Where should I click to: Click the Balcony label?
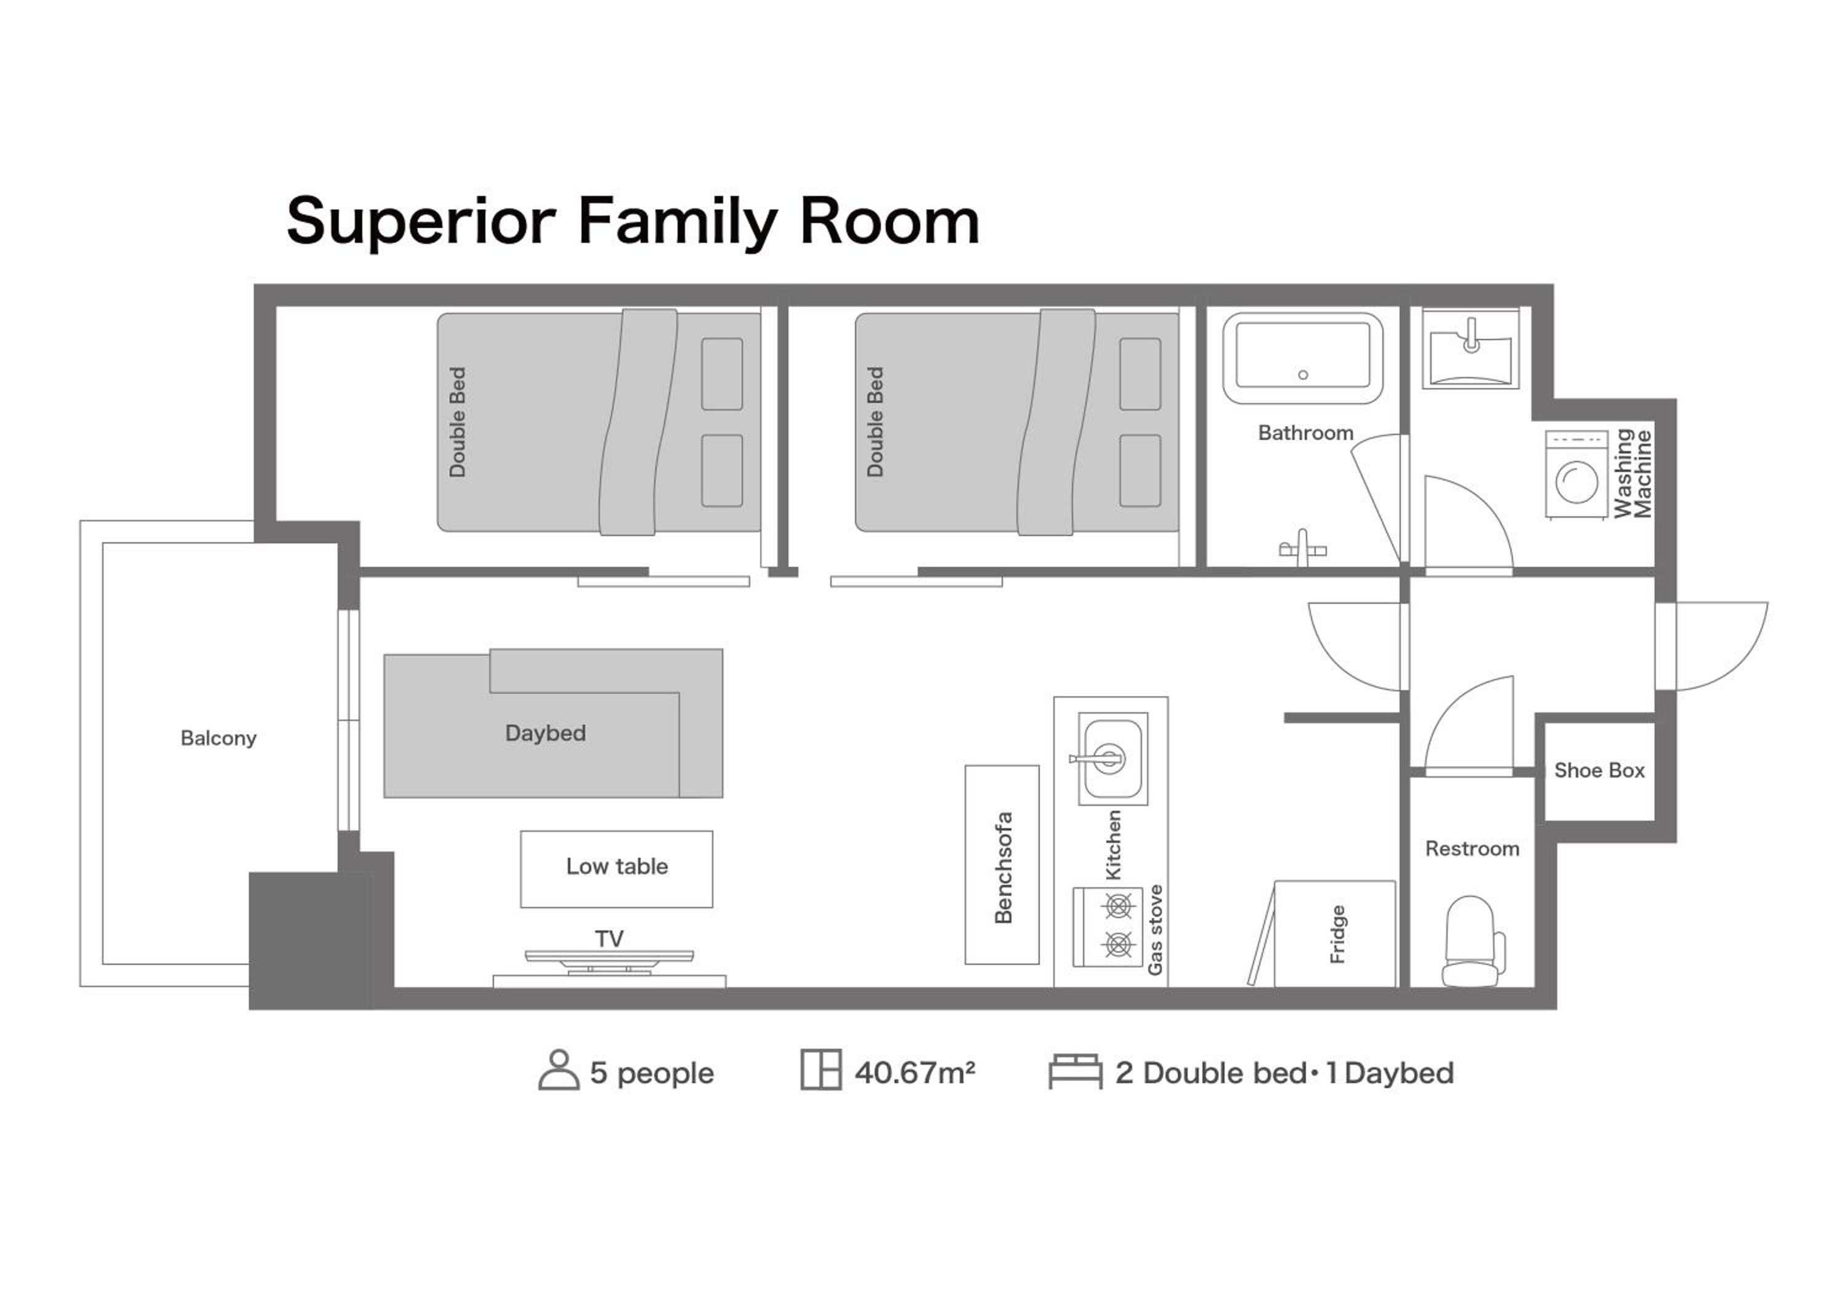[x=218, y=738]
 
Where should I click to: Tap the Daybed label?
[x=545, y=733]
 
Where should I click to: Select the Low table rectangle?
[x=617, y=869]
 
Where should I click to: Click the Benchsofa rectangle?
[x=1002, y=864]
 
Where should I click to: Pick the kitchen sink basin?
[x=1113, y=758]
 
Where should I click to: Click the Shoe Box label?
[x=1599, y=770]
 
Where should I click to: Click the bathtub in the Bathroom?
[x=1303, y=358]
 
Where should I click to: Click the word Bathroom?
[x=1305, y=433]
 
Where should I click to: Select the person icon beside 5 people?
[x=559, y=1070]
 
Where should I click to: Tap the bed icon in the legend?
[x=1076, y=1071]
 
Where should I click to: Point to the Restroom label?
[x=1472, y=848]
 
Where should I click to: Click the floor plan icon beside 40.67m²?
[x=821, y=1070]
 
